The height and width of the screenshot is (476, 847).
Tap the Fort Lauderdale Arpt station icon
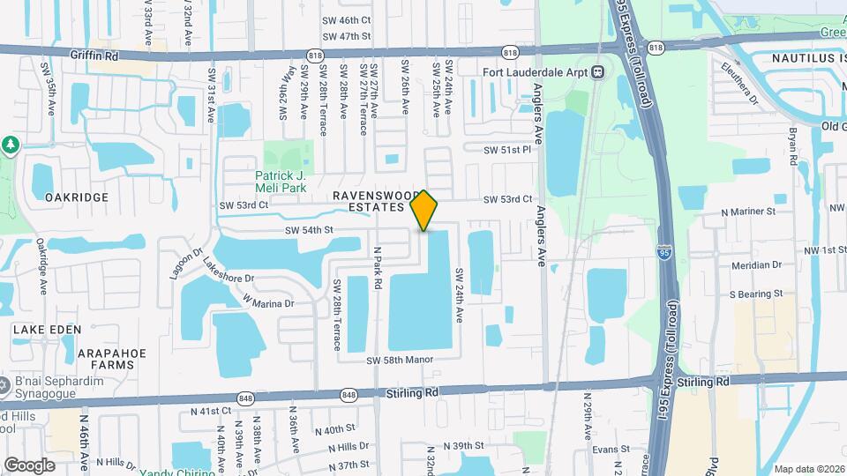(598, 71)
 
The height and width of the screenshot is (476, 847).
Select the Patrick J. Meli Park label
(280, 181)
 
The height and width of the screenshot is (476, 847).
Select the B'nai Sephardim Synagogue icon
(4, 383)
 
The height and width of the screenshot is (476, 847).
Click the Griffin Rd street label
(94, 55)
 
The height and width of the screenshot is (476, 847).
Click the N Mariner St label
(747, 212)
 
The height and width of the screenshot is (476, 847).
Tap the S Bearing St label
(755, 294)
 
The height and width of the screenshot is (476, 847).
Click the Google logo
(29, 465)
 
